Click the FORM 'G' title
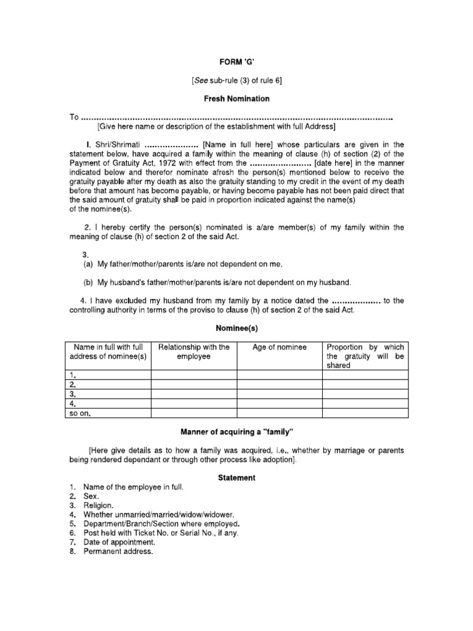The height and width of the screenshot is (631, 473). click(237, 62)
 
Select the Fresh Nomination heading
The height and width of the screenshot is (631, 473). click(237, 99)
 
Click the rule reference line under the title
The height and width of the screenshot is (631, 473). click(237, 81)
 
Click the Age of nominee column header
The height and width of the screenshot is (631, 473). click(280, 348)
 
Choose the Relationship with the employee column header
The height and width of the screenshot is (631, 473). click(194, 352)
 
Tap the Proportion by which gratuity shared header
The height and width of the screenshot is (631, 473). click(365, 356)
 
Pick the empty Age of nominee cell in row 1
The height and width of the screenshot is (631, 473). click(280, 374)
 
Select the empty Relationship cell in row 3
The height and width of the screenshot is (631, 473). click(194, 394)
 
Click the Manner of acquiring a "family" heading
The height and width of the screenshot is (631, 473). click(237, 429)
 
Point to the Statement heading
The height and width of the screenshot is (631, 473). click(237, 478)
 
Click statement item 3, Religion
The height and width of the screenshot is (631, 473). click(99, 505)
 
